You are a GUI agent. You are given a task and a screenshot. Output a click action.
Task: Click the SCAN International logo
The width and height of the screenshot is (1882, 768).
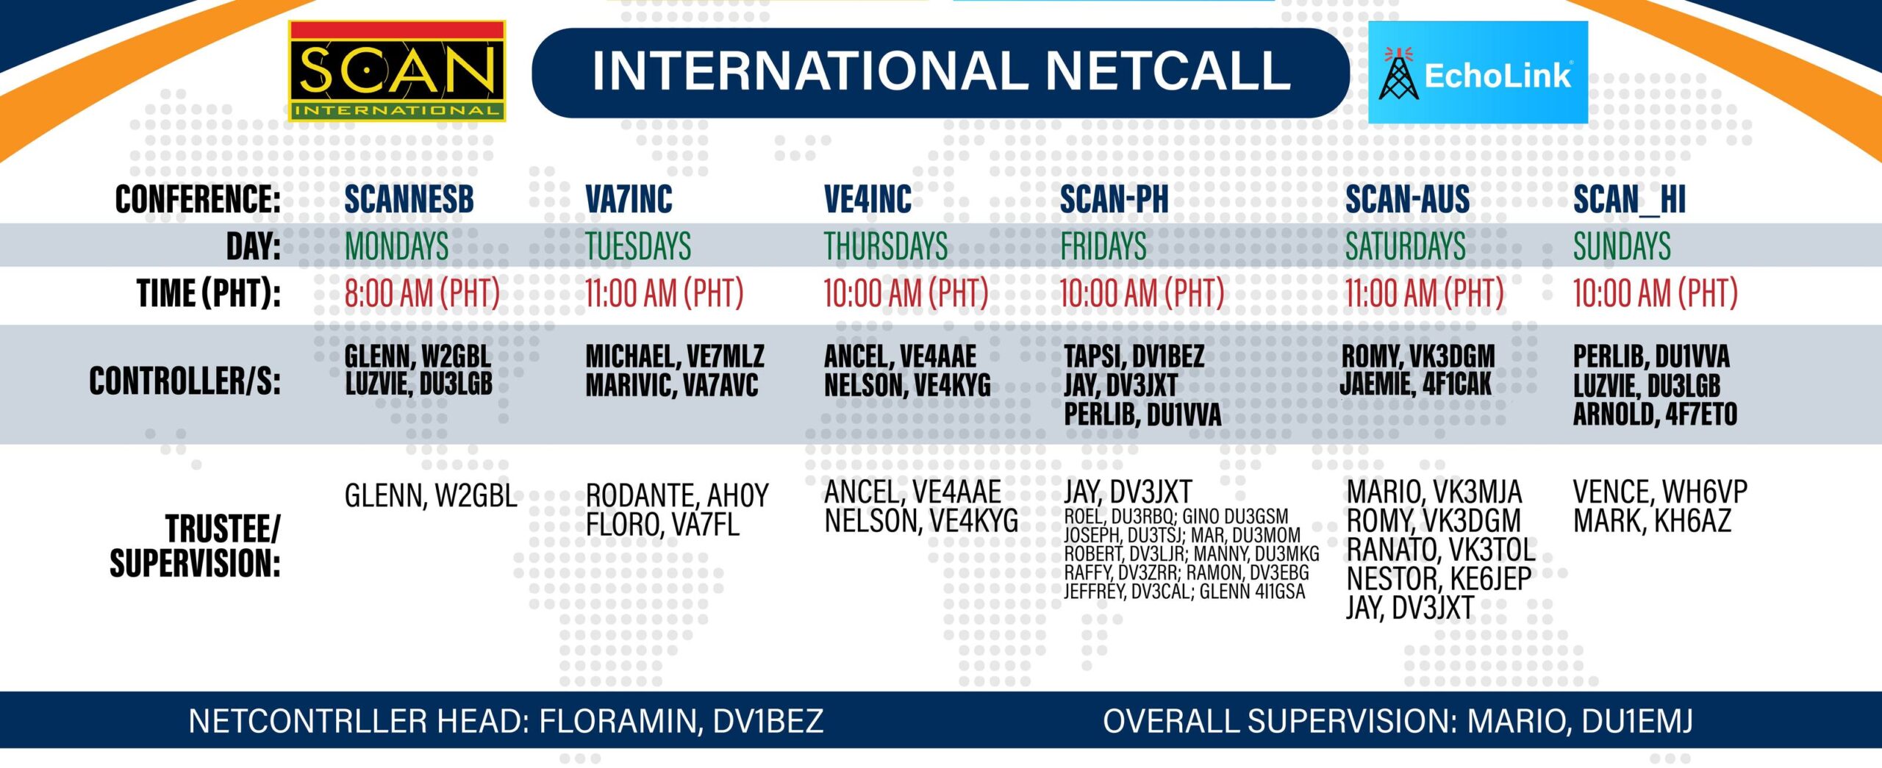397,71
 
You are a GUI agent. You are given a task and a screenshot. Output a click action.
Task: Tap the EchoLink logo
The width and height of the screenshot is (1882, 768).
1478,72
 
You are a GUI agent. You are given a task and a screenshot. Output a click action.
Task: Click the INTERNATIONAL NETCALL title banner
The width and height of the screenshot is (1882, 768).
941,73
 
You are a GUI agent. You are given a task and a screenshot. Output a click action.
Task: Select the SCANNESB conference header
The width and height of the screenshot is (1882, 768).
409,199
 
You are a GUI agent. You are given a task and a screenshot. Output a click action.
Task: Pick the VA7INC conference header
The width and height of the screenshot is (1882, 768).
629,199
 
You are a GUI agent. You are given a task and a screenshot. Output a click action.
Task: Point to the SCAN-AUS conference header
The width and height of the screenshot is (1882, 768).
1407,199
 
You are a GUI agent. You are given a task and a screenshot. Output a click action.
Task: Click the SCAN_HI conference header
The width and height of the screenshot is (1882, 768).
1629,200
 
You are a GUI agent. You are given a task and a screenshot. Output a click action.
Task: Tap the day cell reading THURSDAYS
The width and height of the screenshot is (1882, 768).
886,245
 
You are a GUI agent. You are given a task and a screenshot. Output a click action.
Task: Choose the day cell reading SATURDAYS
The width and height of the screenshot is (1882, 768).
1406,245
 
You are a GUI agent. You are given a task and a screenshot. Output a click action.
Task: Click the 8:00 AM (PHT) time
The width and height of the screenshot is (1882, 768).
422,293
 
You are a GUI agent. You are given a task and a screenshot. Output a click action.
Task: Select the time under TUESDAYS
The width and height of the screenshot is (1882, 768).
665,293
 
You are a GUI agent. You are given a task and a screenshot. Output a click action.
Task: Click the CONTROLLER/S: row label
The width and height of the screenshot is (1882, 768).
185,381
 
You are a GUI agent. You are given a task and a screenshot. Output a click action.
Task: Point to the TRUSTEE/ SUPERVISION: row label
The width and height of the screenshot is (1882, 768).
196,546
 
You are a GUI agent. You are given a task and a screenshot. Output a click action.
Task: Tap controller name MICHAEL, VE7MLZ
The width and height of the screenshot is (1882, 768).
675,356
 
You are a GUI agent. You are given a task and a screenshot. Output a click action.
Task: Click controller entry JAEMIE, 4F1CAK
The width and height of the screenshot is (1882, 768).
1415,384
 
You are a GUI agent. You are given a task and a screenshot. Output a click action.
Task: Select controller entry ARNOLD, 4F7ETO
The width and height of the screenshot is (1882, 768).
1655,414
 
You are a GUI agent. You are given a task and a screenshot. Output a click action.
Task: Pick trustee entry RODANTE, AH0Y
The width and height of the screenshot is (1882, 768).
677,496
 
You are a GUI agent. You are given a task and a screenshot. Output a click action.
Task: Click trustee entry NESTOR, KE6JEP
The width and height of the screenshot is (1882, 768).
1439,579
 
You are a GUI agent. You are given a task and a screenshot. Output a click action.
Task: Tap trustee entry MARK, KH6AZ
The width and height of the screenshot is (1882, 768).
1652,521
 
